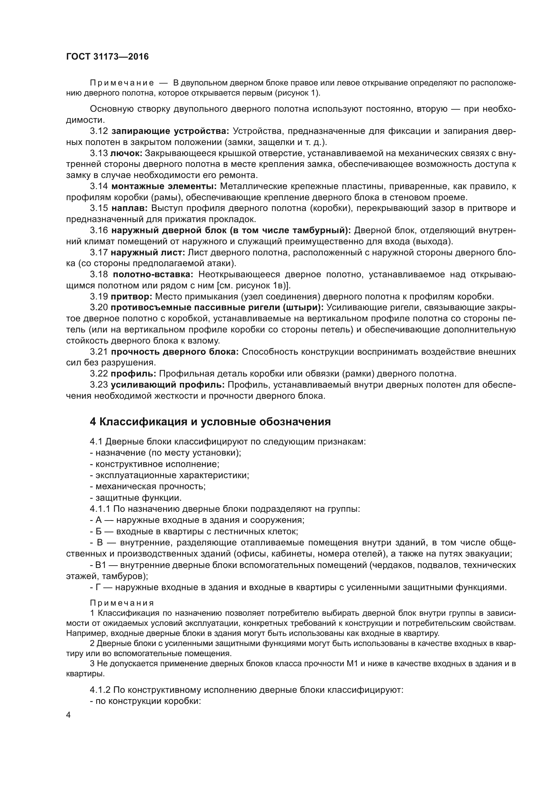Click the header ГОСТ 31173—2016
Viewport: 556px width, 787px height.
point(107,57)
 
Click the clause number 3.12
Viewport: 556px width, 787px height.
point(99,131)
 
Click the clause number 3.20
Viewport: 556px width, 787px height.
point(99,308)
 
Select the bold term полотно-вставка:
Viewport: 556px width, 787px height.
point(153,274)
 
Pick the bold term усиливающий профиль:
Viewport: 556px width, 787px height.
point(168,385)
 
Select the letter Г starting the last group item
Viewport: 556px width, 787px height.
point(98,587)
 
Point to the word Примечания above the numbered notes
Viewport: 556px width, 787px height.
point(122,603)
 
